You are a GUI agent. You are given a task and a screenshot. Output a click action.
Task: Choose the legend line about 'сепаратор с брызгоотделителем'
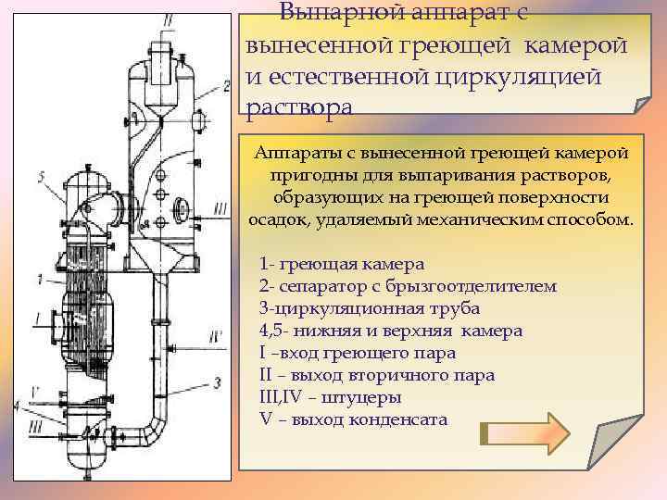pos(409,285)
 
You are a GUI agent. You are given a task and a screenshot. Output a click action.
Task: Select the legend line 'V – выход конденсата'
pos(354,419)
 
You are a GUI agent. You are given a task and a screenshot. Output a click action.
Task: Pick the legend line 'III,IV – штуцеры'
pos(331,397)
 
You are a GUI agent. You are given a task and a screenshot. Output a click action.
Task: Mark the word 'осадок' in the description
pos(277,220)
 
